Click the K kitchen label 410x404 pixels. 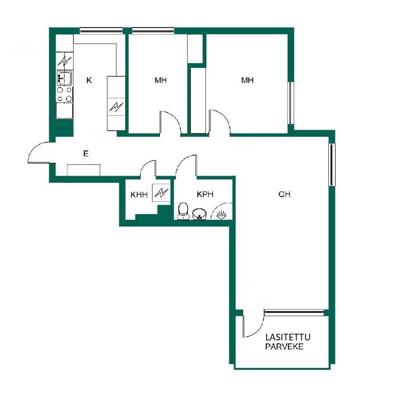pos(89,80)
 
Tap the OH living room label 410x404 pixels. pos(284,194)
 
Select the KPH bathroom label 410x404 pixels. pos(205,194)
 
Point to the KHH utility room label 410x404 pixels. pos(139,195)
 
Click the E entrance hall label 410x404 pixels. pos(86,154)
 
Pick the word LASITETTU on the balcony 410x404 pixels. pos(288,337)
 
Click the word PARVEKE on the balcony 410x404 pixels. pos(284,347)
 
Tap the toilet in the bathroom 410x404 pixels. pos(183,211)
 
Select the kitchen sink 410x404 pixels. pos(65,78)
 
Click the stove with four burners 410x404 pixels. pos(65,94)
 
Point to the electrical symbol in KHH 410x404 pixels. pos(161,193)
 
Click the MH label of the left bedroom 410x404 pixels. pos(160,80)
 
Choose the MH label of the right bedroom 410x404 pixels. pos(247,80)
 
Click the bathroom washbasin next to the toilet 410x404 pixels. pos(199,214)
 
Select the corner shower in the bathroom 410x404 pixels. pos(222,211)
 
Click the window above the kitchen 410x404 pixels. pos(101,31)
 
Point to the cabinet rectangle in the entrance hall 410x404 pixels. pos(84,170)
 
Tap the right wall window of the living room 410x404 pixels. pos(332,164)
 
